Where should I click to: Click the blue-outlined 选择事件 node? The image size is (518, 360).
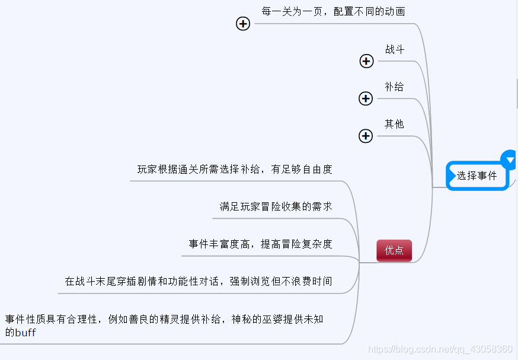pos(477,176)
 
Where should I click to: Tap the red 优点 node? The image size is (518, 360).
pos(394,250)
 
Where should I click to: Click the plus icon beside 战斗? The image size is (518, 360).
pos(366,61)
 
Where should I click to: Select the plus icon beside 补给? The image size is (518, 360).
pos(366,98)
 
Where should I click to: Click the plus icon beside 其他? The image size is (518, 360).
pos(366,136)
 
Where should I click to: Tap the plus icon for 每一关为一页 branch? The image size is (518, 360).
pos(243,24)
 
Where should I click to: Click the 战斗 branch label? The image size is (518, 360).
pos(395,50)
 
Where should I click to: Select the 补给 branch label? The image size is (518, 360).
pos(394,87)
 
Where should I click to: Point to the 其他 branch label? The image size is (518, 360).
pos(394,125)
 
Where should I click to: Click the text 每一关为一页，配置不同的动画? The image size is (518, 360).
pos(334,12)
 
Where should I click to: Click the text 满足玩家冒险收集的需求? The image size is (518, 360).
pos(276,207)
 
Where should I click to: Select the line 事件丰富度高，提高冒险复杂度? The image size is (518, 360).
pos(260,244)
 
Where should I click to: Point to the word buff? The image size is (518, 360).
pos(25,333)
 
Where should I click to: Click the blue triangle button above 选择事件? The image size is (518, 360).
pos(510,160)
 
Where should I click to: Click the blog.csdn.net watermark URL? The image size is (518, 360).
pos(440,349)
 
